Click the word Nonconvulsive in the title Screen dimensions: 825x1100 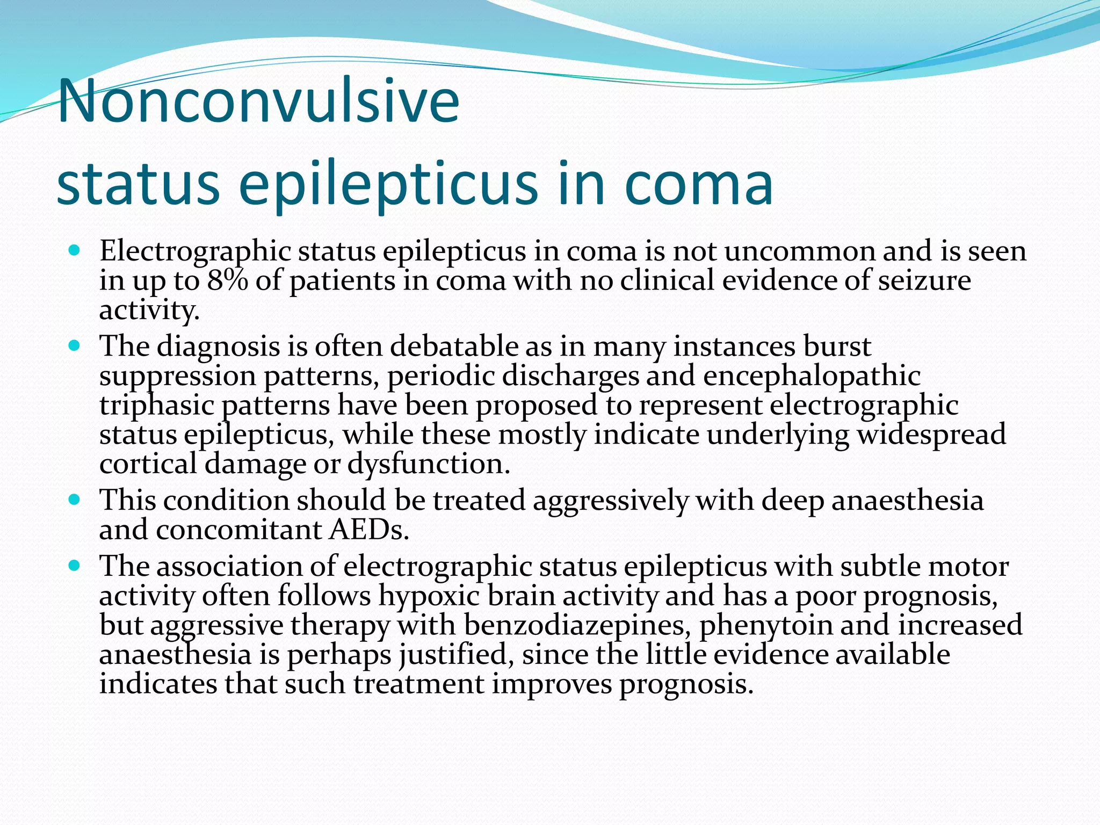[x=258, y=101]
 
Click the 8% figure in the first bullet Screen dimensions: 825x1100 [x=227, y=280]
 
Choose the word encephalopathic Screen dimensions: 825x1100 [x=812, y=375]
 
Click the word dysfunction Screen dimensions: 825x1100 [x=428, y=464]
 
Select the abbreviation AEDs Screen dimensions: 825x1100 [x=369, y=530]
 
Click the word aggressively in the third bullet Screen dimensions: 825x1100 [x=610, y=501]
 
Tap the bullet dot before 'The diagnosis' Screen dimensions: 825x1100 [x=75, y=345]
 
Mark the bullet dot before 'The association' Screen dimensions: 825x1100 [x=75, y=566]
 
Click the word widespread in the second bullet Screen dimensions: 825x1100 [x=931, y=434]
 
